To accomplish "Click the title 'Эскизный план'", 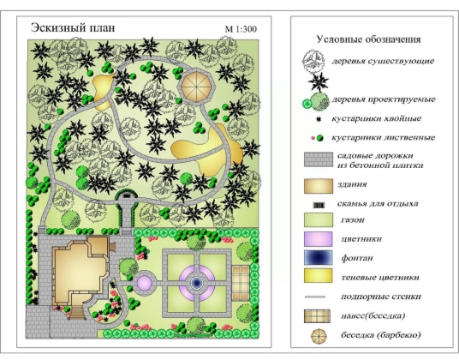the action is [73, 27].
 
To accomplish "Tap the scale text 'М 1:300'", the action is [241, 29].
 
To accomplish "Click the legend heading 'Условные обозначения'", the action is [368, 39].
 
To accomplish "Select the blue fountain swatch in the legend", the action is [319, 258].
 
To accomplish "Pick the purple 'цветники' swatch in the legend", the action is [319, 239].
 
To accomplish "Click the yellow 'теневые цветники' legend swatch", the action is [319, 276].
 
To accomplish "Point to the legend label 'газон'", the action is [353, 220].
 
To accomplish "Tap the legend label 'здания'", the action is [352, 184].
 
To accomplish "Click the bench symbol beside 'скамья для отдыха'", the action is [319, 206].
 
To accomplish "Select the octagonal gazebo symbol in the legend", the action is [319, 337].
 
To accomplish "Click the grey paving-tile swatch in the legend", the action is [319, 159].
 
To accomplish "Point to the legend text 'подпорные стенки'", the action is [381, 297].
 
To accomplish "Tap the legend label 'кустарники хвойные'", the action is [377, 118].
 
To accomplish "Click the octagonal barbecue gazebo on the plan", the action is [198, 87].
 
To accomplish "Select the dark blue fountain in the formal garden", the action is [197, 283].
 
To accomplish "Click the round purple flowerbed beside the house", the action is [145, 283].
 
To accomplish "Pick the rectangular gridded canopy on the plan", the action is [241, 283].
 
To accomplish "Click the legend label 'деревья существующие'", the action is [383, 61].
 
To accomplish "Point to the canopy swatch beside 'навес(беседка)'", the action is [317, 316].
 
